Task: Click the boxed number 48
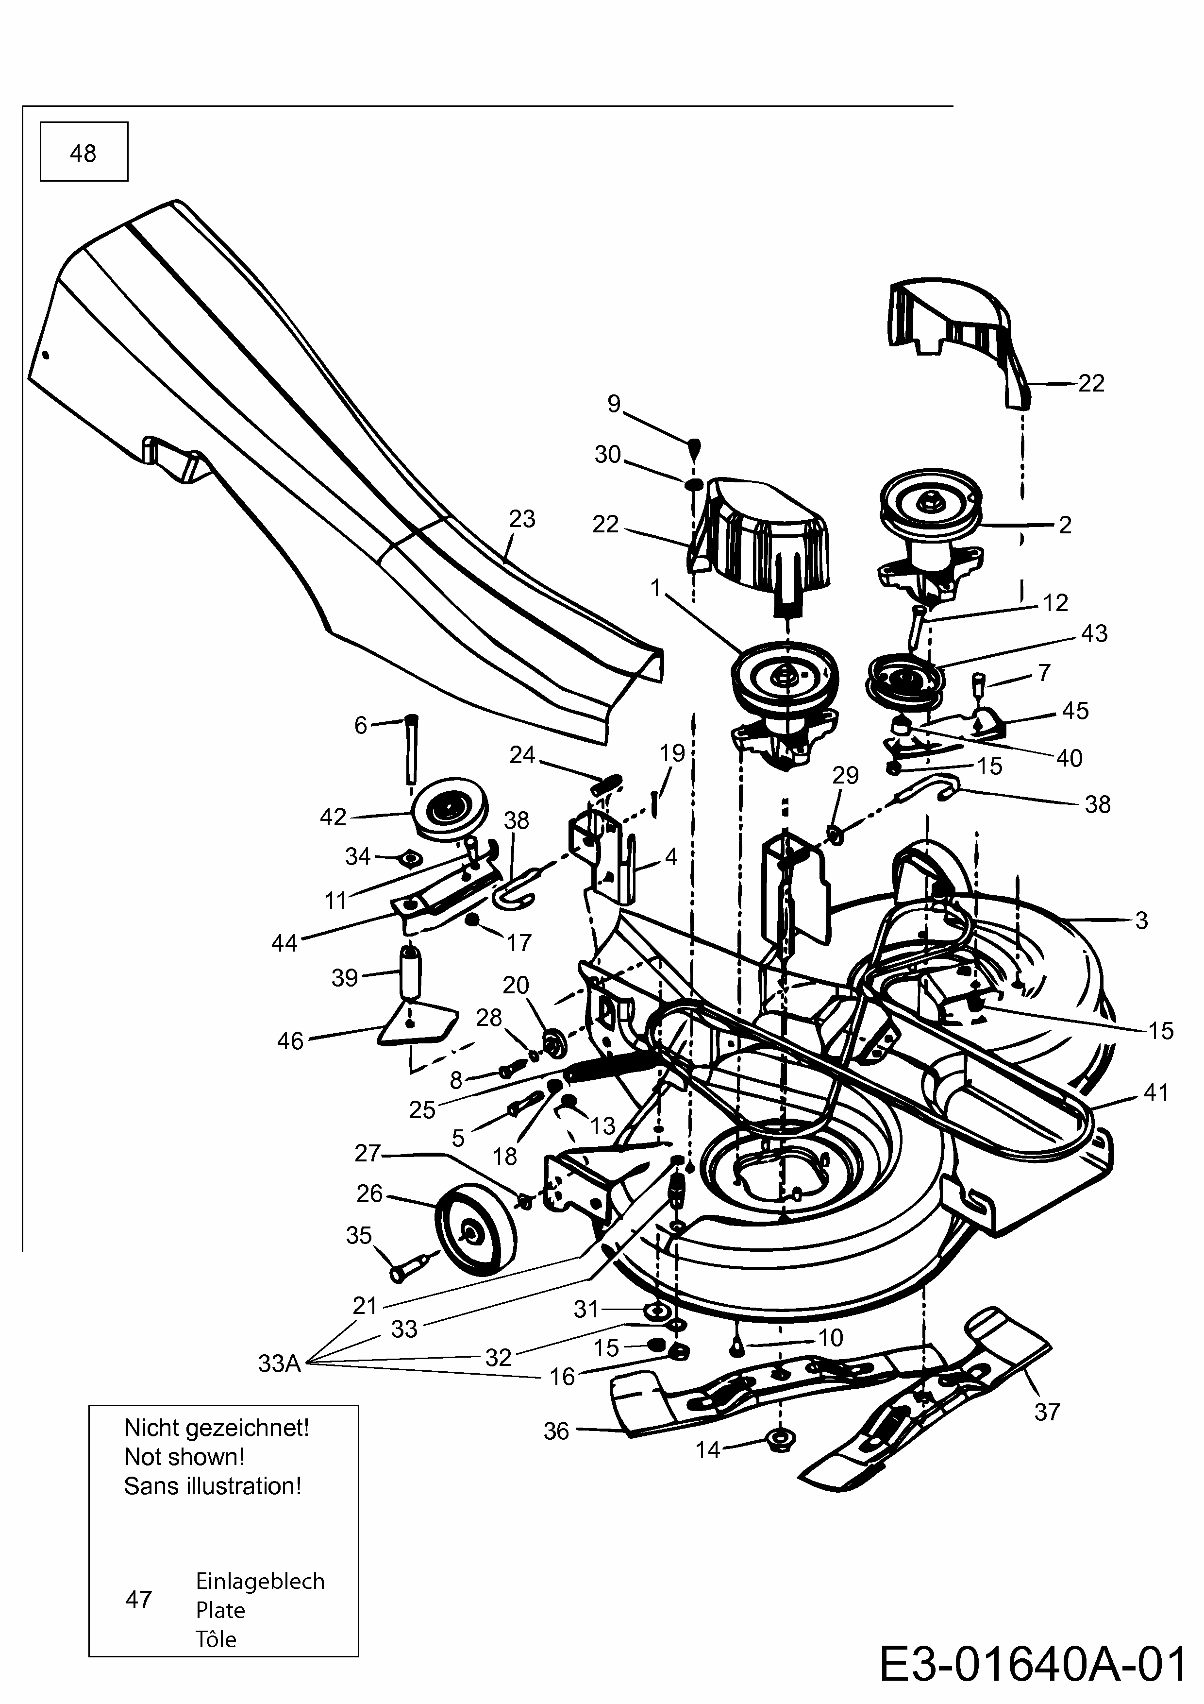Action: [x=83, y=153]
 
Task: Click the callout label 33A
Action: [x=279, y=1363]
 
